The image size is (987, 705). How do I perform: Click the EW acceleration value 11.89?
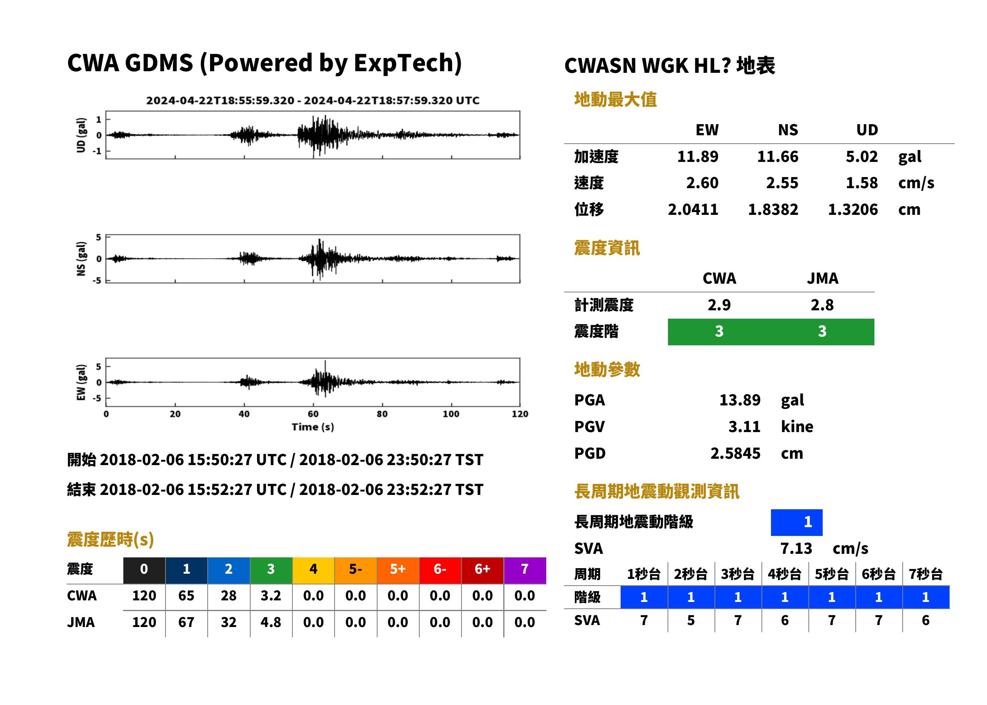697,156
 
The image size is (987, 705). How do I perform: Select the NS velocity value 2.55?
781,183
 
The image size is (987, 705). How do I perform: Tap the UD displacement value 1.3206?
853,209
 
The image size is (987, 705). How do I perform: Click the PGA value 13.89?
740,400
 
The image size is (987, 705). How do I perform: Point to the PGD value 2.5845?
735,453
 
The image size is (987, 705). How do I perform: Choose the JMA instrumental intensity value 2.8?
822,305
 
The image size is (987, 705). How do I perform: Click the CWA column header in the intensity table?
719,278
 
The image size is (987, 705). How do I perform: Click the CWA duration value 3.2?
271,596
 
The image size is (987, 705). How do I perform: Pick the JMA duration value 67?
186,622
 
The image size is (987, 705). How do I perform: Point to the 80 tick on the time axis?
382,414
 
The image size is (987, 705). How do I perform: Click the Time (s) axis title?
313,427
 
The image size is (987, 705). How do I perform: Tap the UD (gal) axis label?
81,135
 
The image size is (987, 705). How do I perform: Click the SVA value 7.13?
796,549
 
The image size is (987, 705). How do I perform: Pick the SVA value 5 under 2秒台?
691,620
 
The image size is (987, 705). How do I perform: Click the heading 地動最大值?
615,99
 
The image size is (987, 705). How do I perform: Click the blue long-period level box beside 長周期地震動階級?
796,522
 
